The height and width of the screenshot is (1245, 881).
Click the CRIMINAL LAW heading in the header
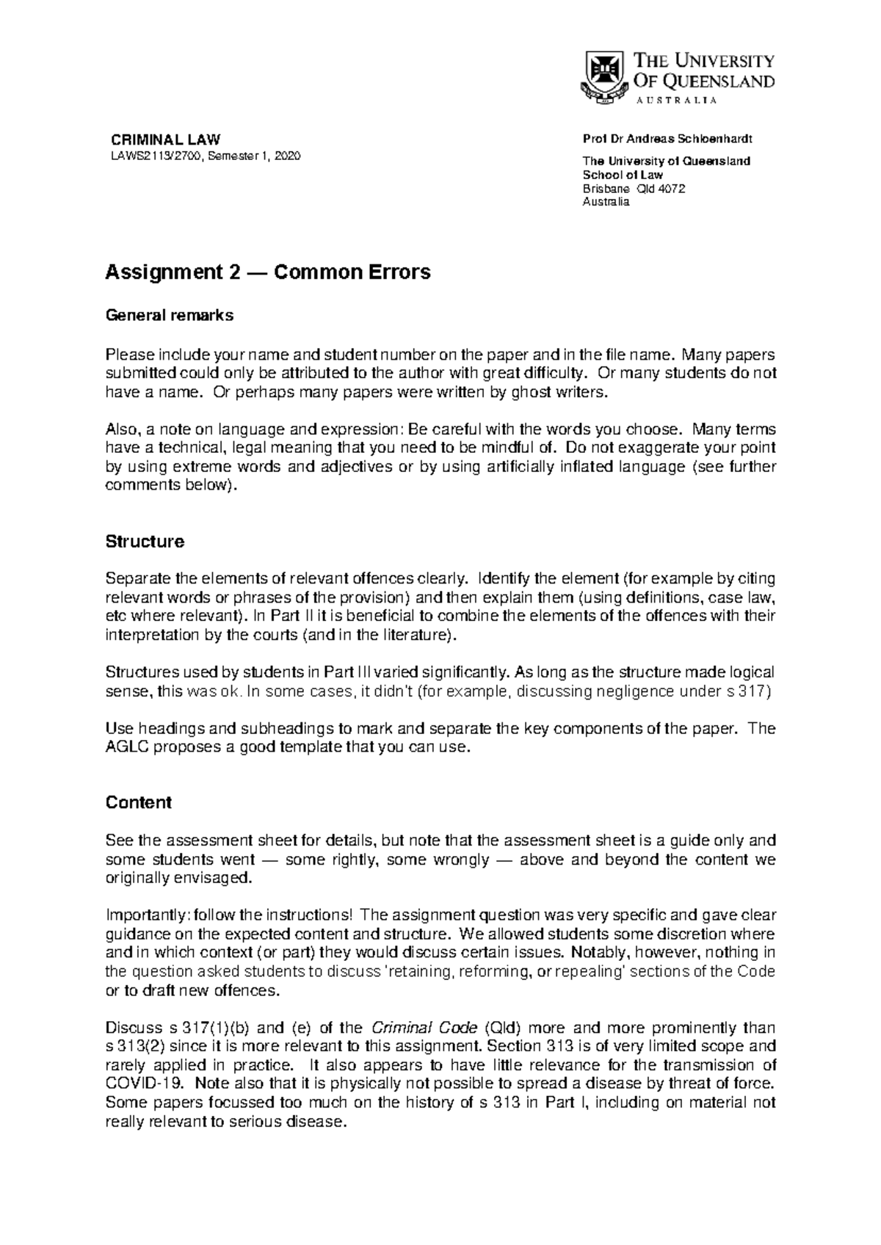[x=165, y=140]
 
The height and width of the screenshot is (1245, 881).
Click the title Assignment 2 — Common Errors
[x=268, y=272]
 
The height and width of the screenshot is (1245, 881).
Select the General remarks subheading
[x=170, y=316]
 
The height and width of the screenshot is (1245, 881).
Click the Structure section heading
[x=145, y=542]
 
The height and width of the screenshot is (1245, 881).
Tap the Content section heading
[x=139, y=802]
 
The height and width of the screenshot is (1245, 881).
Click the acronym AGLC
[x=129, y=748]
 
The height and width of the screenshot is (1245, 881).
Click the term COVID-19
[x=138, y=1084]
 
